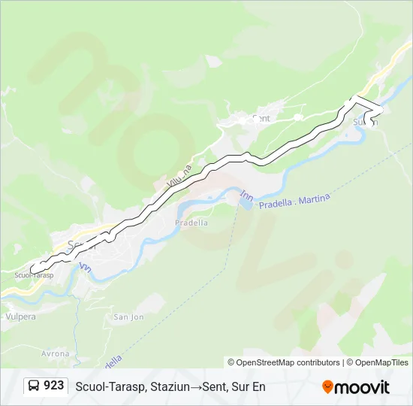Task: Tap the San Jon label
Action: point(128,317)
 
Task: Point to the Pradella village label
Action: point(191,223)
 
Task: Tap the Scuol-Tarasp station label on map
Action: point(34,275)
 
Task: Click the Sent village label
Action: point(261,119)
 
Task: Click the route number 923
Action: point(53,386)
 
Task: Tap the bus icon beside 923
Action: point(35,386)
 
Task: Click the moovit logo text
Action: point(363,386)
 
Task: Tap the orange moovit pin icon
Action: point(327,386)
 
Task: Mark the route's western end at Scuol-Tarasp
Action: point(32,268)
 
